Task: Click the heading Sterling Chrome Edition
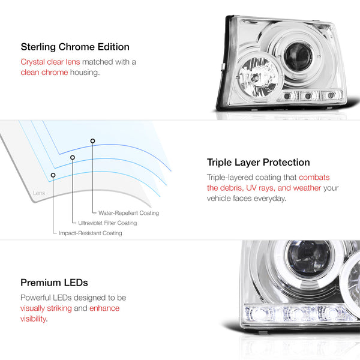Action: tap(75, 47)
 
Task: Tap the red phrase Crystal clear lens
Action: tap(50, 62)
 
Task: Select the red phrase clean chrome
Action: tap(44, 73)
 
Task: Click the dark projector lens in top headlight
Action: tap(298, 56)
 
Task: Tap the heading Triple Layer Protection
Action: tap(258, 163)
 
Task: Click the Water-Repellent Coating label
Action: tap(128, 213)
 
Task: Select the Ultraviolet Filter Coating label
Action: tap(107, 223)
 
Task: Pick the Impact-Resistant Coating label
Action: tap(91, 233)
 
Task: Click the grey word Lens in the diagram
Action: tap(39, 193)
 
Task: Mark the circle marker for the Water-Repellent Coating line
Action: tap(92, 141)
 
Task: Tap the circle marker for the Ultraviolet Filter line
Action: tap(73, 157)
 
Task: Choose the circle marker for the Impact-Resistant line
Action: tap(53, 175)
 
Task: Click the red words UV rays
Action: tap(260, 188)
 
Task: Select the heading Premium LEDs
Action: tap(54, 283)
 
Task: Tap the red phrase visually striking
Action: tap(46, 308)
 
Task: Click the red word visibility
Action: tap(33, 319)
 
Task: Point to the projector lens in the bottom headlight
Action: tap(309, 259)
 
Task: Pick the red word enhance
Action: tap(104, 308)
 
